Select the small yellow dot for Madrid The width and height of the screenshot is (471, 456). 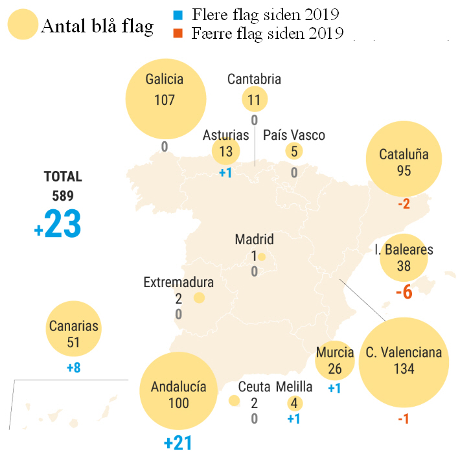261,257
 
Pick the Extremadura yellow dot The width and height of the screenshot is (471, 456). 200,298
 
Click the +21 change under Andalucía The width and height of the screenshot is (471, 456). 178,444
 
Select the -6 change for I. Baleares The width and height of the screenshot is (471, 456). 404,292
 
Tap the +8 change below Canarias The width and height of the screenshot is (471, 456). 74,368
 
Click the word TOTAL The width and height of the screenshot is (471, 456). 63,176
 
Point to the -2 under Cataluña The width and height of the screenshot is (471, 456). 404,204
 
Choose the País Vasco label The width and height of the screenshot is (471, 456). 294,135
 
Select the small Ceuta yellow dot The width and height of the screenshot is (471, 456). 235,401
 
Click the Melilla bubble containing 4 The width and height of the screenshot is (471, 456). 294,403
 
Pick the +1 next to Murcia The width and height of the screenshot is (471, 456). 334,389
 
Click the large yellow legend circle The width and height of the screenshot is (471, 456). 23,25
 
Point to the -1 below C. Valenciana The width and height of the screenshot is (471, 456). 403,419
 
